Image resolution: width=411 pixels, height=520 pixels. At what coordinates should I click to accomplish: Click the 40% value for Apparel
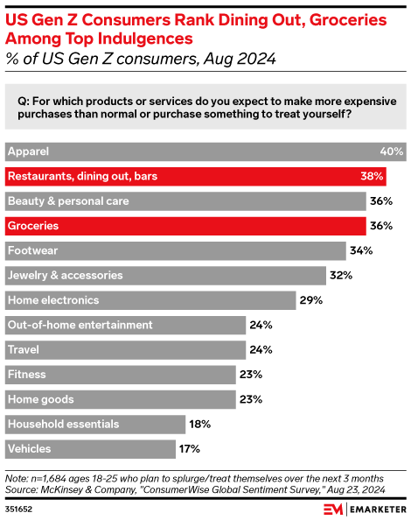(x=391, y=151)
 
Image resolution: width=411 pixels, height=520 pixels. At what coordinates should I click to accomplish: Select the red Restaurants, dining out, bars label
(x=70, y=176)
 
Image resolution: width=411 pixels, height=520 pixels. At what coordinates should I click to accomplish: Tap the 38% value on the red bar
(x=372, y=176)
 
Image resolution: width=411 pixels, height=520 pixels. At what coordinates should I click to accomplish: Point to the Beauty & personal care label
(x=68, y=200)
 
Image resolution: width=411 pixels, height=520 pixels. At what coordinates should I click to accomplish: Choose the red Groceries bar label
(x=33, y=226)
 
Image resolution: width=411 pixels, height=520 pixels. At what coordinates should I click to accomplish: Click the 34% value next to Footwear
(x=362, y=250)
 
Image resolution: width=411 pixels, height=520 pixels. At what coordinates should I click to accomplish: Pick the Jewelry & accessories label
(x=65, y=275)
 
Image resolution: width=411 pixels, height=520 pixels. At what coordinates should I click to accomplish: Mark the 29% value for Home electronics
(x=311, y=300)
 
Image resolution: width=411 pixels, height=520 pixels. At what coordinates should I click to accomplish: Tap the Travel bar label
(x=23, y=349)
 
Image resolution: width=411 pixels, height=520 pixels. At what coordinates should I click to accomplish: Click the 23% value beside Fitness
(x=252, y=375)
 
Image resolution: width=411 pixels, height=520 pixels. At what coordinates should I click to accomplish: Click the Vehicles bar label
(x=29, y=449)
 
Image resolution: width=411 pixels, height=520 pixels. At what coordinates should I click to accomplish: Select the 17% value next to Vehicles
(x=191, y=449)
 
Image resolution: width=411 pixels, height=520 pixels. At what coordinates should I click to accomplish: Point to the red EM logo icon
(x=335, y=509)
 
